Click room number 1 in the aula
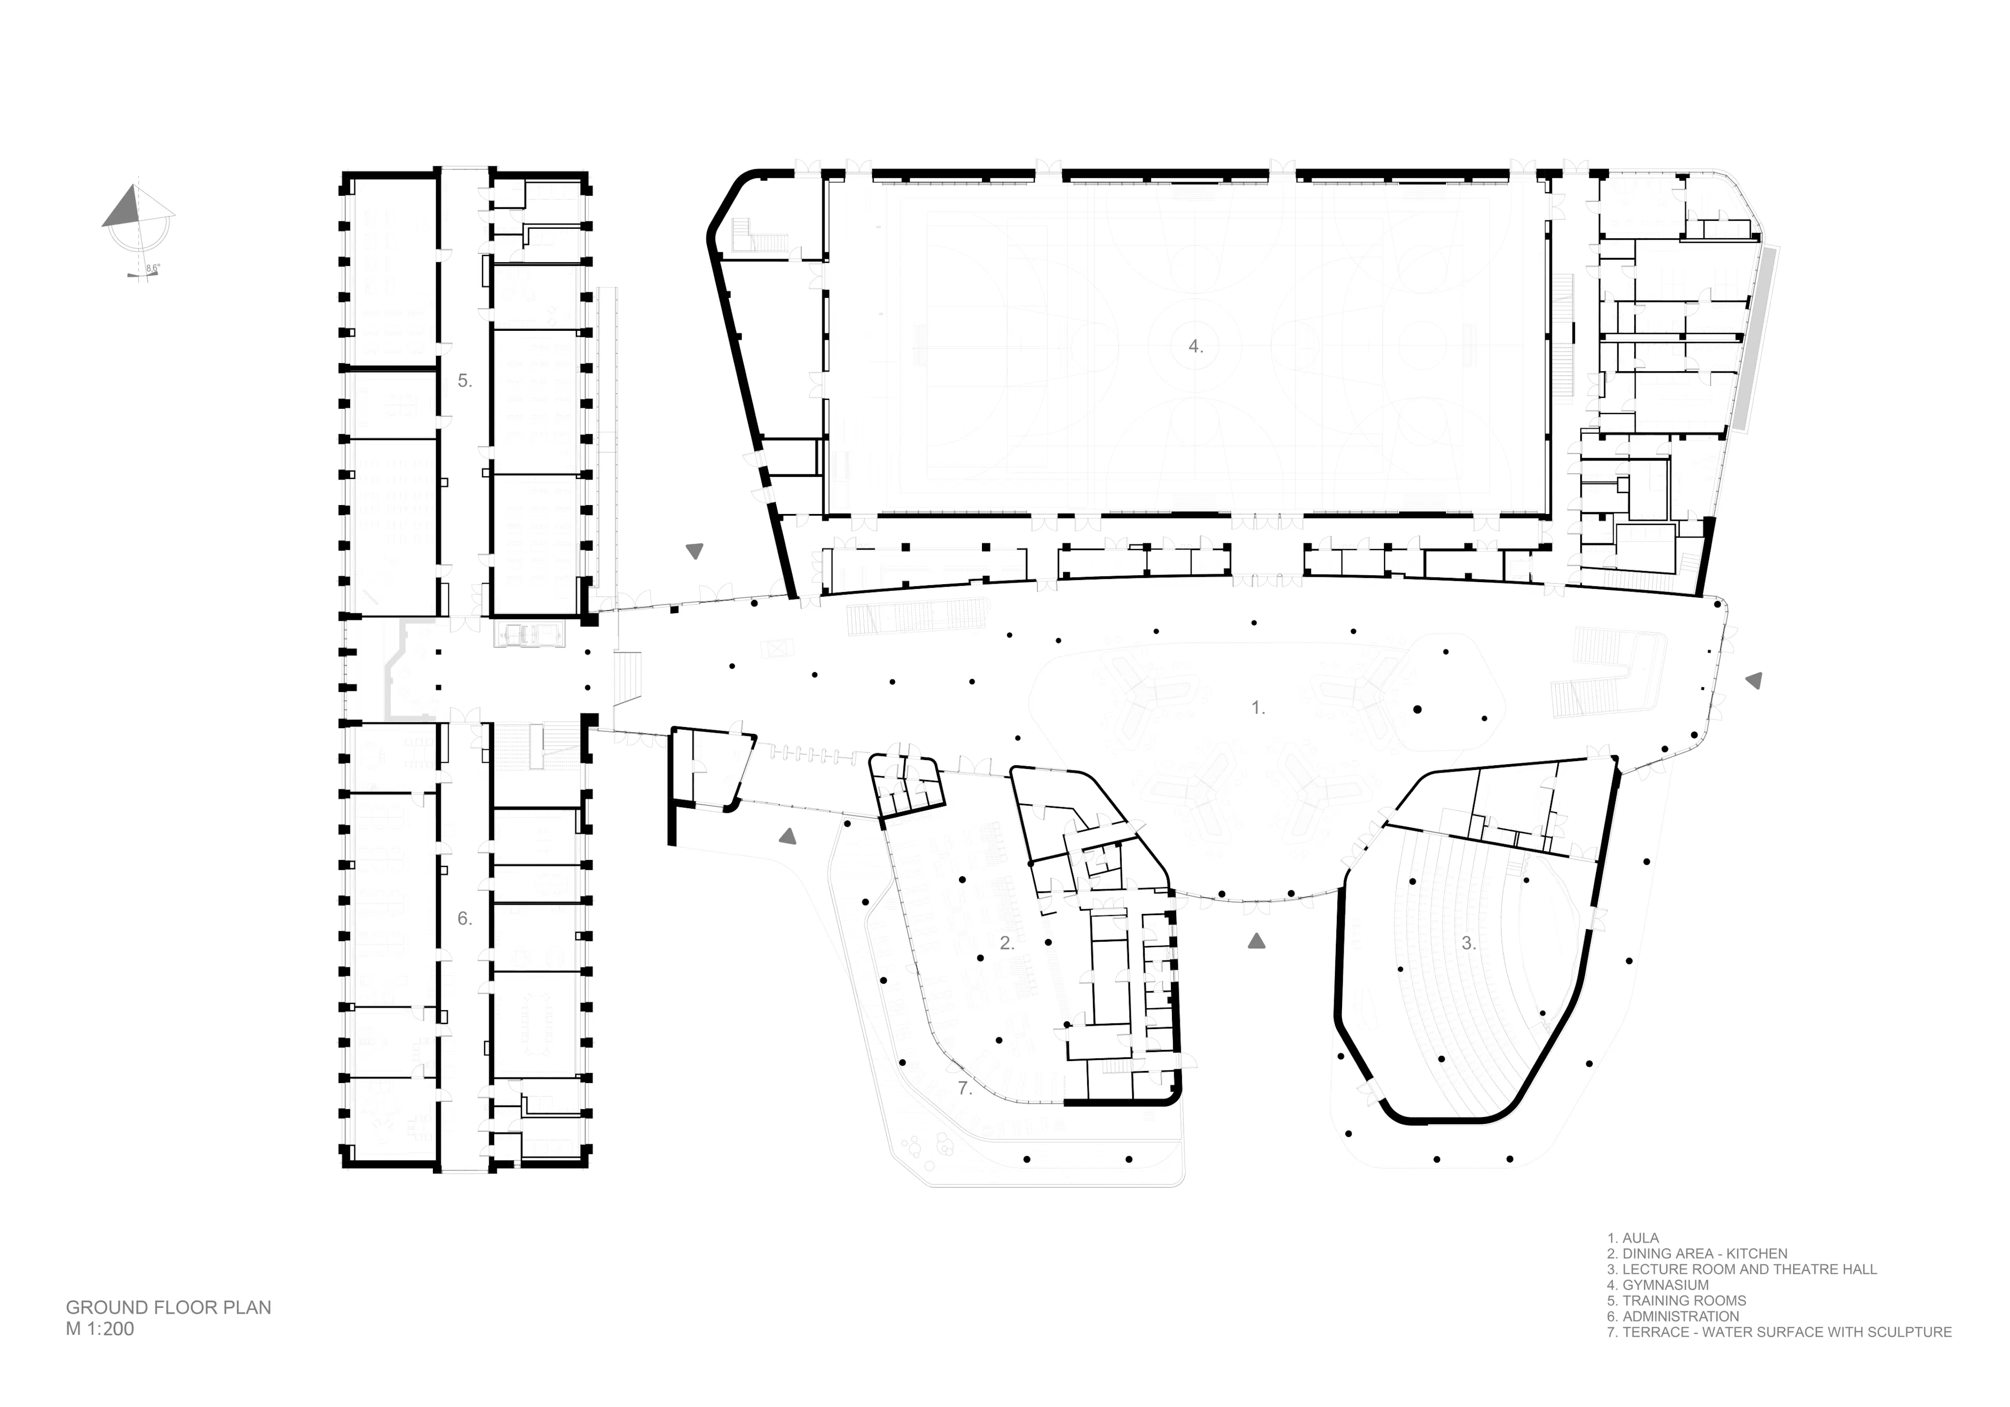point(1257,708)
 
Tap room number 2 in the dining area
point(1007,943)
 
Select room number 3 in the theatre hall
point(1468,944)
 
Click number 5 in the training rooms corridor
point(464,381)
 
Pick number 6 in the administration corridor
point(464,919)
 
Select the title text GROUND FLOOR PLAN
point(168,1307)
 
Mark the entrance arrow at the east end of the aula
point(1754,680)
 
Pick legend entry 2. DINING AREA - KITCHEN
point(1696,1254)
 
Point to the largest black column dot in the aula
point(1417,709)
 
